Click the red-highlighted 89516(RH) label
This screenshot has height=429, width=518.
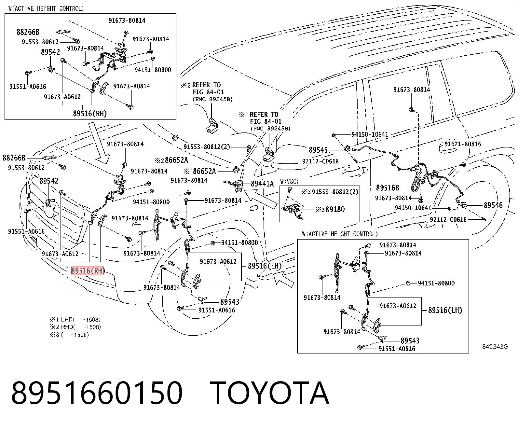88,270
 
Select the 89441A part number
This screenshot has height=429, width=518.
262,184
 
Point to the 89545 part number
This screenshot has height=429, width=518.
318,150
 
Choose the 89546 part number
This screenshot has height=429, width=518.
493,205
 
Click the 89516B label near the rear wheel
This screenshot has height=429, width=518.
388,188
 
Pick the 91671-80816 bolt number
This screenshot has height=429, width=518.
463,144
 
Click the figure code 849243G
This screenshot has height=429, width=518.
495,347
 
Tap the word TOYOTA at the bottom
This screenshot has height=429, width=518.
270,393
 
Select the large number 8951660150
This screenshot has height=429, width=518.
97,393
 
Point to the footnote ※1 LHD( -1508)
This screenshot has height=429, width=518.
75,320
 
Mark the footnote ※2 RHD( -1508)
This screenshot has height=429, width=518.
75,327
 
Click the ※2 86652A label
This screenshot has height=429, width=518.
171,160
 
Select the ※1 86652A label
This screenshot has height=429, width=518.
200,171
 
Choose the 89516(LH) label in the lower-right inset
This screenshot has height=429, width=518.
445,310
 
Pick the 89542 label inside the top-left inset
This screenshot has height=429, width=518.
51,52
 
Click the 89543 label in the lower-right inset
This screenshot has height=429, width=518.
410,340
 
